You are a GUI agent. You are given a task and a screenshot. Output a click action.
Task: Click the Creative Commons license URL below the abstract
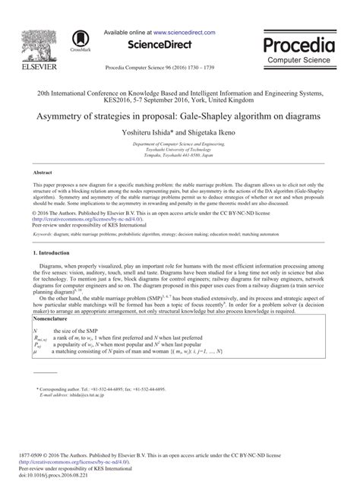coord(85,220)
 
